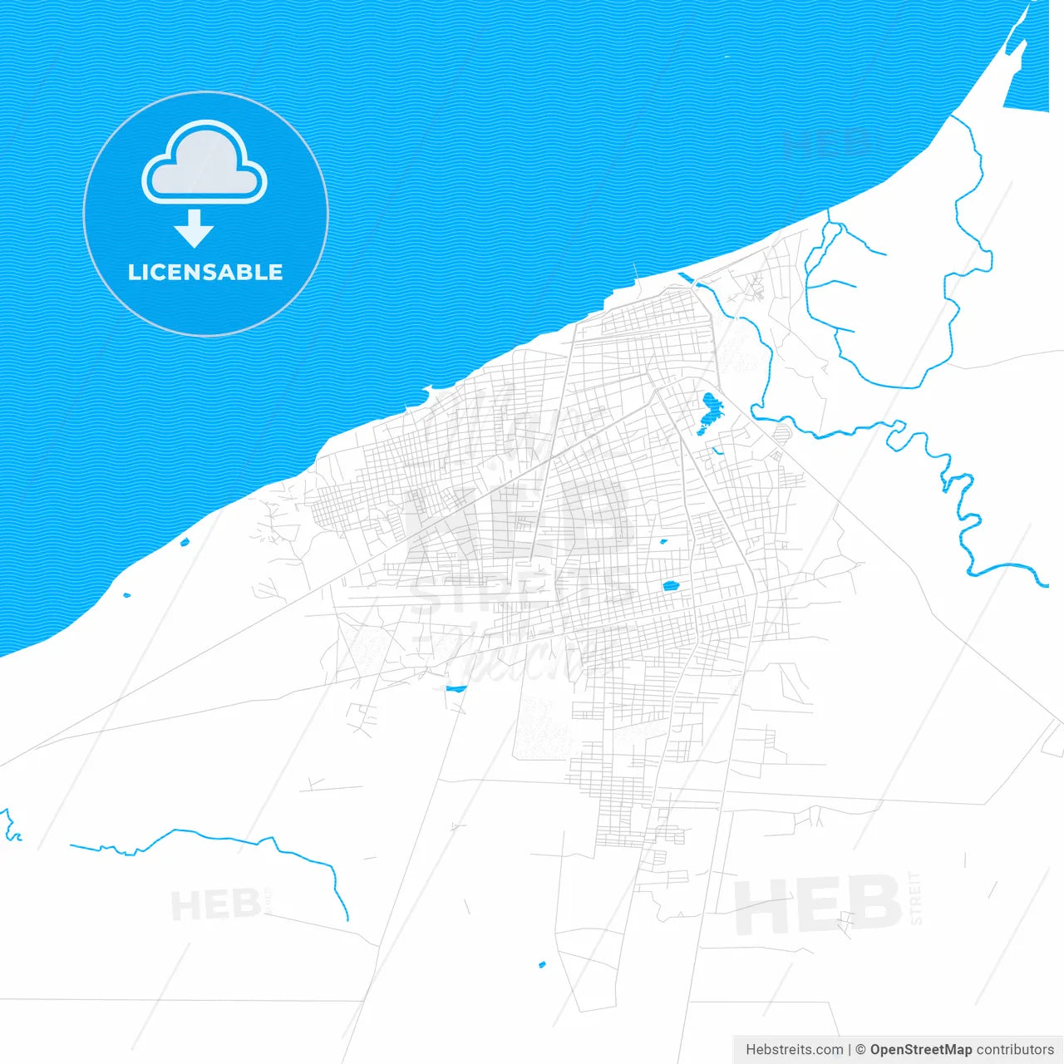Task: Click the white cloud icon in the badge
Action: [x=204, y=165]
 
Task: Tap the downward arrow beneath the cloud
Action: [x=195, y=229]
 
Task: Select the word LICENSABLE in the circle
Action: [x=205, y=272]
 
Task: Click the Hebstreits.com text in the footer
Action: [x=794, y=1050]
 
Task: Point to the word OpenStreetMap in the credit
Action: [x=920, y=1050]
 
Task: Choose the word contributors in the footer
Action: [x=1015, y=1050]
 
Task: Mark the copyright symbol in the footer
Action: [x=860, y=1050]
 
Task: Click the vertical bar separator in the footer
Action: [x=850, y=1050]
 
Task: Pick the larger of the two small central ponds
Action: [x=672, y=586]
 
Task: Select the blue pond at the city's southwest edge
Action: [x=456, y=688]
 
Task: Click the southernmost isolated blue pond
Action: [x=542, y=965]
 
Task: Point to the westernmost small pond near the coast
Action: [x=126, y=595]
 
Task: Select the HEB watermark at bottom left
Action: [x=214, y=904]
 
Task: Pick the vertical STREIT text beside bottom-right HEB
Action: [x=915, y=898]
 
